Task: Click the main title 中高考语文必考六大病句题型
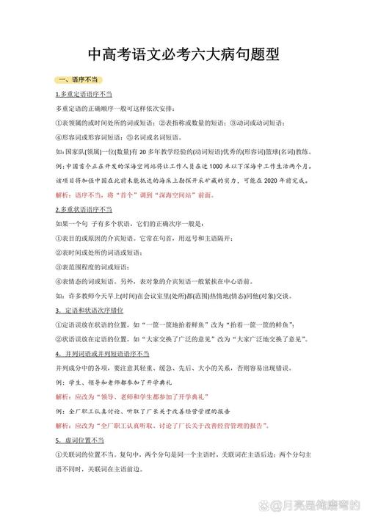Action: [x=184, y=54]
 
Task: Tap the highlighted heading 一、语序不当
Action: [x=78, y=79]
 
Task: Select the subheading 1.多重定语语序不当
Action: [x=84, y=95]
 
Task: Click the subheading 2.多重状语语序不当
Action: [x=84, y=209]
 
